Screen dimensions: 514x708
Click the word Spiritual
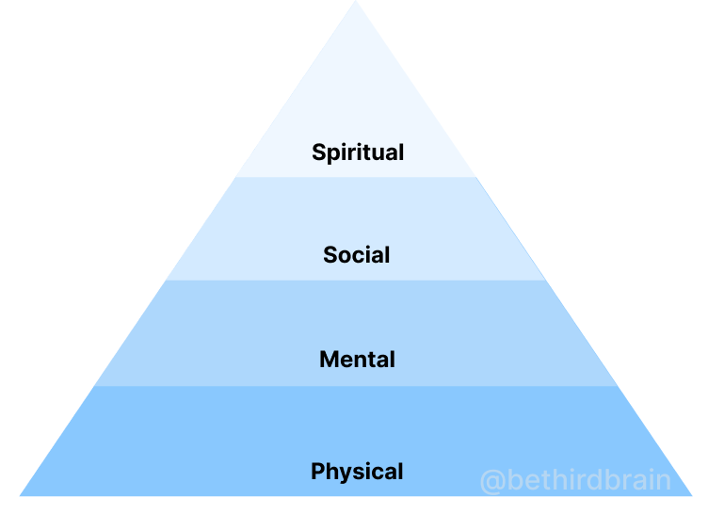[x=358, y=153]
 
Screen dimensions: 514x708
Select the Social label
[x=356, y=255]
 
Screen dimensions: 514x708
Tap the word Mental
[x=357, y=360]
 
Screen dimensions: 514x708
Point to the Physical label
[x=357, y=472]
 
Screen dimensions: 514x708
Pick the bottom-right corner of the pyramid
[x=692, y=495]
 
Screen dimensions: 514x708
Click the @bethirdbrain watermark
[x=575, y=481]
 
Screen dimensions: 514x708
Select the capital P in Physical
[x=318, y=471]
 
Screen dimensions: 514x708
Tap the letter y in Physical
[x=347, y=474]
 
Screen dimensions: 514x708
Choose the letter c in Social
[x=362, y=256]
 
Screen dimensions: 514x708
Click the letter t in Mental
[x=375, y=360]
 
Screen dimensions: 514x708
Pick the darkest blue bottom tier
[x=188, y=442]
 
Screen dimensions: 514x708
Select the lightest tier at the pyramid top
[x=356, y=94]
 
